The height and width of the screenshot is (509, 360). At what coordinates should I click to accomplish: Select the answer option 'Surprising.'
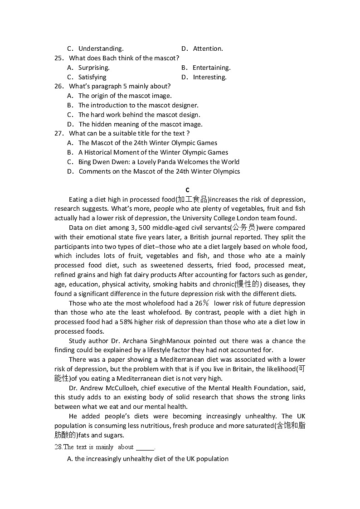(94, 68)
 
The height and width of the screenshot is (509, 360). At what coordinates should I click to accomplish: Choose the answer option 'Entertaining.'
(211, 68)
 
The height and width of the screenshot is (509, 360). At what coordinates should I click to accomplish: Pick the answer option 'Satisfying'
(92, 77)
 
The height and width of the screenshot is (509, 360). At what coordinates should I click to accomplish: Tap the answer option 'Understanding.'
(101, 48)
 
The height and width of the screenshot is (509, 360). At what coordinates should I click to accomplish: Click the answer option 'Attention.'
(208, 48)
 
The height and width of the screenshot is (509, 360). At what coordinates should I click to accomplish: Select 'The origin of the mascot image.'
(125, 96)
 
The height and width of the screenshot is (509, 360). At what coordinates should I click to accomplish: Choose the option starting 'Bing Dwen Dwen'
(159, 162)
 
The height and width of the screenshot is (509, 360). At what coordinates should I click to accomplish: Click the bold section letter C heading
(188, 190)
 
